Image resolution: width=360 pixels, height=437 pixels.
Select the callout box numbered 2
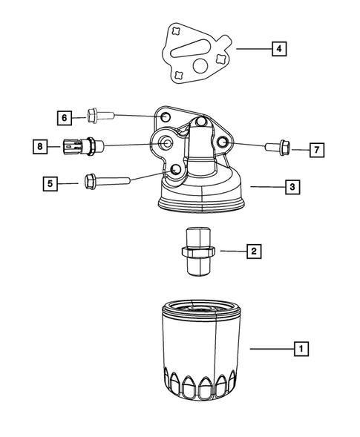253,252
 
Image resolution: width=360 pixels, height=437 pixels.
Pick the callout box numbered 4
278,50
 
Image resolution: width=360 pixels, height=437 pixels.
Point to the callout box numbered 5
50,182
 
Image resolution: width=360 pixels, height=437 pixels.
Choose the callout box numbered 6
65,117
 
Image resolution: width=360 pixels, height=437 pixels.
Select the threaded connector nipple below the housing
197,252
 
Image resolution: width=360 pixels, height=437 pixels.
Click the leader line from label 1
271,347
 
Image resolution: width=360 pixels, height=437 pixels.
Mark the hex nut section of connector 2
197,253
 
